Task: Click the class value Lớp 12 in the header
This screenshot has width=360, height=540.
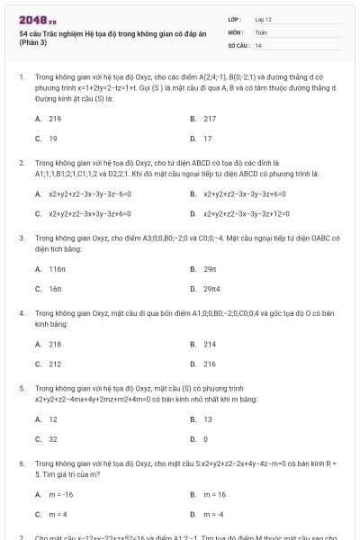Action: point(264,18)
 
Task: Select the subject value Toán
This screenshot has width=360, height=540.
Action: point(261,31)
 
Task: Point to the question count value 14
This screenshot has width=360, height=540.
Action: point(258,44)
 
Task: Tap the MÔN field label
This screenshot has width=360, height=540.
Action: point(235,31)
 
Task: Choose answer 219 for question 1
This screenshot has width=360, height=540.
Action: point(55,119)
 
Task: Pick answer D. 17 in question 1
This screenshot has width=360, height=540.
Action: point(207,139)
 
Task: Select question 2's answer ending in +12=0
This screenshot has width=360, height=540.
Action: point(244,214)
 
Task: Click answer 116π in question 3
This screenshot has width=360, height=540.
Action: point(58,269)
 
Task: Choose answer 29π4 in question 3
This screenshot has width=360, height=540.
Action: point(211,289)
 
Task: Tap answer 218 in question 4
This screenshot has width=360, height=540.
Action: point(55,345)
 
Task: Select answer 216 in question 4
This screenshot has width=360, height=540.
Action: point(209,364)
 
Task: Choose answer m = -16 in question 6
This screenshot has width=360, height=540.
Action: point(61,495)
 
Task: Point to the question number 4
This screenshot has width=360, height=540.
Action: point(21,312)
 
